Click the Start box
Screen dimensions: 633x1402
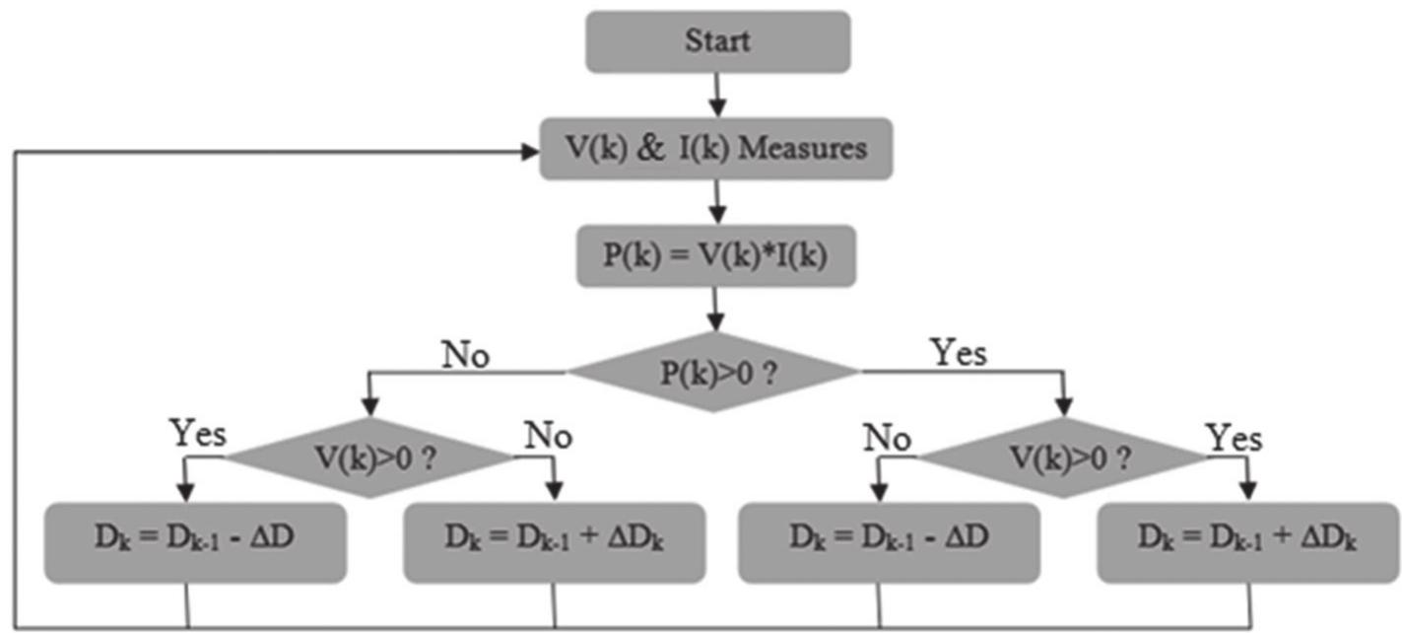717,41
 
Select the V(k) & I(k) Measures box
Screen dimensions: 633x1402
716,149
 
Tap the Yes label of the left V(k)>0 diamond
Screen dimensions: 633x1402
197,434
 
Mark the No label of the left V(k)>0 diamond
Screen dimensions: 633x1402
547,435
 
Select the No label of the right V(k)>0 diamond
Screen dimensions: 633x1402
887,437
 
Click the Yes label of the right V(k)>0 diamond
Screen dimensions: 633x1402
1234,437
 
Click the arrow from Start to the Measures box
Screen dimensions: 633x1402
717,95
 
